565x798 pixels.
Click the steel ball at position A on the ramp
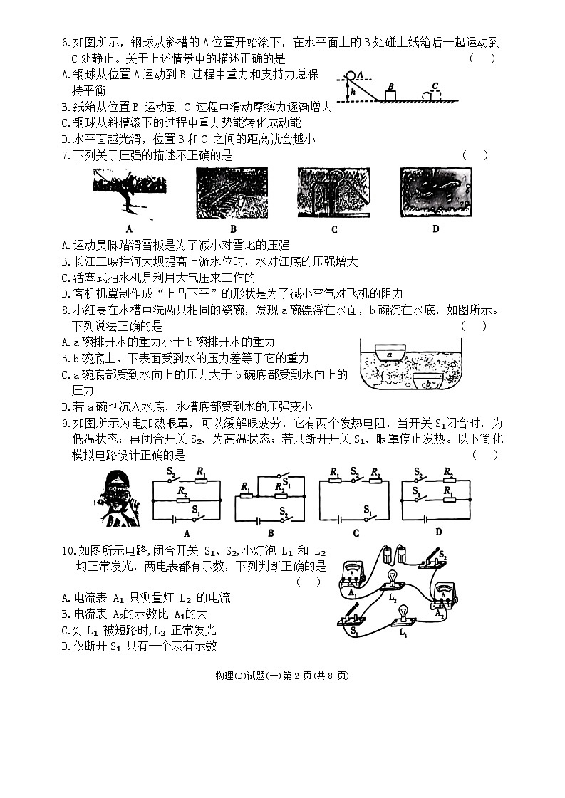pyautogui.click(x=350, y=74)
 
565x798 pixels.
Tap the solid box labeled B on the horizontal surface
pyautogui.click(x=390, y=95)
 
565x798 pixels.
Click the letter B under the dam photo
pyautogui.click(x=233, y=229)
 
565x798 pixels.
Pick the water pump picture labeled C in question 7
pyautogui.click(x=334, y=192)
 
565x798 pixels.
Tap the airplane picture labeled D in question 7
pyautogui.click(x=435, y=192)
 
